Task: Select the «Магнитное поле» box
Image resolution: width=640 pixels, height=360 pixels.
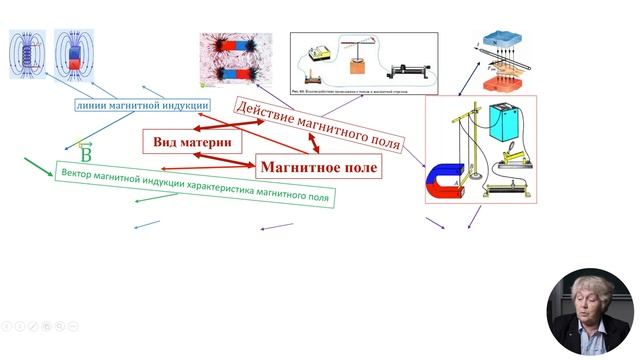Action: [x=318, y=167]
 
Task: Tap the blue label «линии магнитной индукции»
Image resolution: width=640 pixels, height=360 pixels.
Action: [x=141, y=105]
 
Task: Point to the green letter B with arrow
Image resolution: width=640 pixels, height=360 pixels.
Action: [x=85, y=155]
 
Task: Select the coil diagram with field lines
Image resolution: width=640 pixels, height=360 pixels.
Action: [x=26, y=53]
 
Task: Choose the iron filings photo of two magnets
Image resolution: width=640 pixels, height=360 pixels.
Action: [x=235, y=57]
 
